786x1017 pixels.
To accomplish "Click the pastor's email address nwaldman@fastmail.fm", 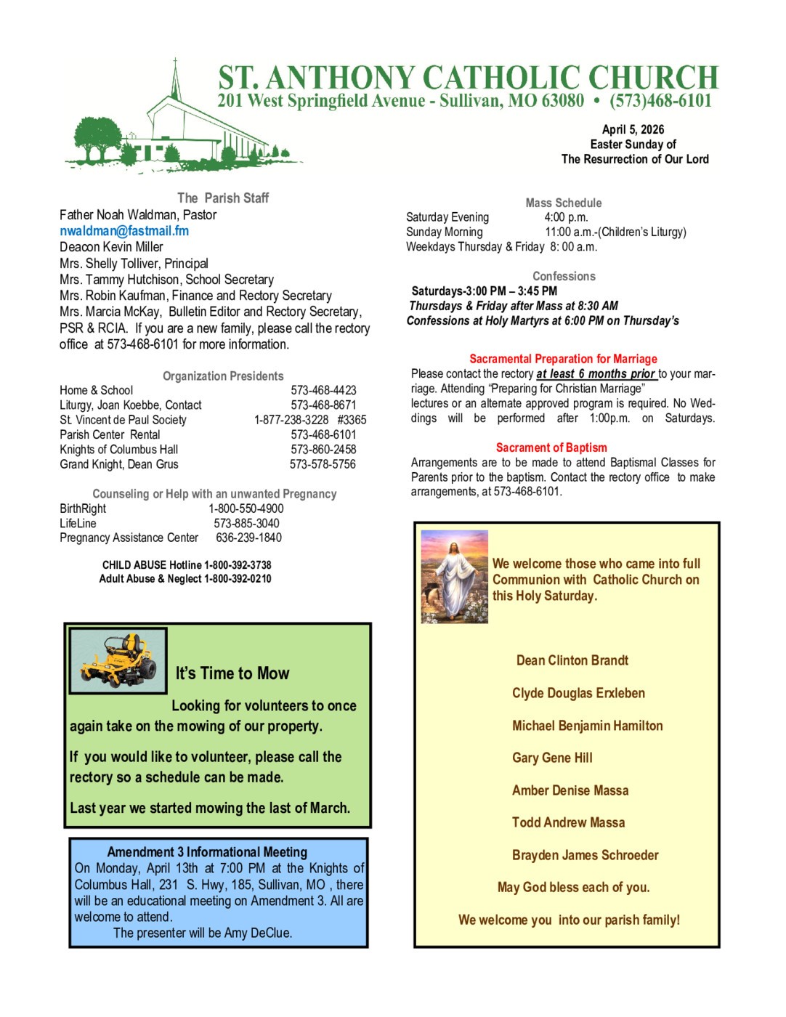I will pyautogui.click(x=124, y=231).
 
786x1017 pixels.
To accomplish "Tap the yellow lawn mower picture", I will pyautogui.click(x=118, y=660).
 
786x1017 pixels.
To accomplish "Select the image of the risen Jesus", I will pyautogui.click(x=455, y=577).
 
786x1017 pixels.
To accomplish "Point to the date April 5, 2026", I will pyautogui.click(x=633, y=129).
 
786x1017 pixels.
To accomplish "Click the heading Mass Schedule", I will pyautogui.click(x=564, y=203).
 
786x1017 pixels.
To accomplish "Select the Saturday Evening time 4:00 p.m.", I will pyautogui.click(x=566, y=217).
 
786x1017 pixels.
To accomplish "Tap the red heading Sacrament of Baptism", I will pyautogui.click(x=551, y=447).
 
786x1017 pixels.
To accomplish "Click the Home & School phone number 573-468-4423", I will pyautogui.click(x=323, y=390).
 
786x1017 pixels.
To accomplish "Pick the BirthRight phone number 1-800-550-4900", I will pyautogui.click(x=246, y=508).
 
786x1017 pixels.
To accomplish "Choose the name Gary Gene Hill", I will pyautogui.click(x=552, y=758).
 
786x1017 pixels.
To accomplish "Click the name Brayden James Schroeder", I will pyautogui.click(x=585, y=855).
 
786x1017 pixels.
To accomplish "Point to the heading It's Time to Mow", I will pyautogui.click(x=232, y=673).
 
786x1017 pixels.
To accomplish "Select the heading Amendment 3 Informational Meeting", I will pyautogui.click(x=207, y=852).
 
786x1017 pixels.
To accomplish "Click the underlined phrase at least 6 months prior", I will pyautogui.click(x=596, y=373).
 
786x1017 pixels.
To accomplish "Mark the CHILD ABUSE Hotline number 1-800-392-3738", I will pyautogui.click(x=238, y=564).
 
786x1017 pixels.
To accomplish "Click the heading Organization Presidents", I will pyautogui.click(x=223, y=376).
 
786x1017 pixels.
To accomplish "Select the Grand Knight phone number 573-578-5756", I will pyautogui.click(x=323, y=464).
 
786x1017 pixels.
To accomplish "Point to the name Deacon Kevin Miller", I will pyautogui.click(x=111, y=247).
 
